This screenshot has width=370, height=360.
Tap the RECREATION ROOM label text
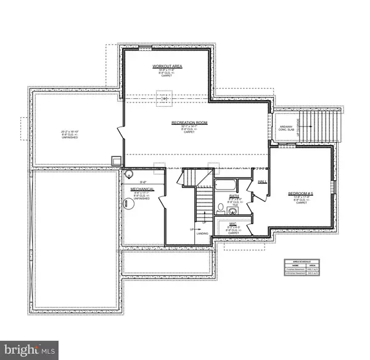pyautogui.click(x=189, y=123)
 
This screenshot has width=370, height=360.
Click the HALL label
pyautogui.click(x=261, y=182)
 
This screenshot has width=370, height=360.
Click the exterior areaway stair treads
pyautogui.click(x=318, y=126)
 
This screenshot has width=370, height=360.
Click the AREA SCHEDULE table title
pyautogui.click(x=302, y=262)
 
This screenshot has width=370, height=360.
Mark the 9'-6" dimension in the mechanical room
pyautogui.click(x=143, y=182)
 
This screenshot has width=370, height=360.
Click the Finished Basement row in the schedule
pyautogui.click(x=302, y=271)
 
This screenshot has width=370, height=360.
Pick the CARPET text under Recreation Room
pyautogui.click(x=189, y=132)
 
